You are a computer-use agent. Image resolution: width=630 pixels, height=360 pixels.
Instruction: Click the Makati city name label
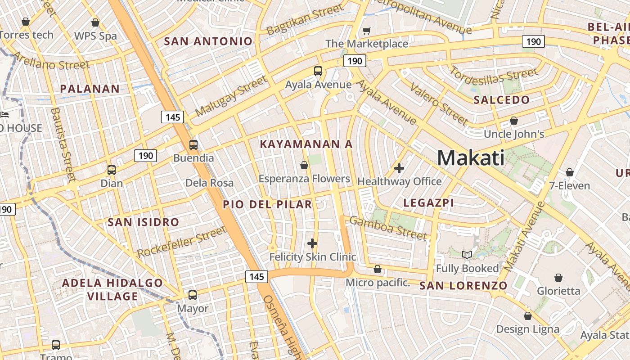471,158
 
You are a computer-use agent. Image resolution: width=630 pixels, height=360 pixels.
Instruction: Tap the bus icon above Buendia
193,145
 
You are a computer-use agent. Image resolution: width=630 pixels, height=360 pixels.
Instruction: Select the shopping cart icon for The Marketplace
367,31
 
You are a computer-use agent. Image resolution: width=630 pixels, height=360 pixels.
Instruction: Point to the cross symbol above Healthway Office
399,168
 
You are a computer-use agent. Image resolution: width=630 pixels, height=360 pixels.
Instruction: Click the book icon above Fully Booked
467,255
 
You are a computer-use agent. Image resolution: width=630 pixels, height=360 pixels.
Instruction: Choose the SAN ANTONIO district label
208,41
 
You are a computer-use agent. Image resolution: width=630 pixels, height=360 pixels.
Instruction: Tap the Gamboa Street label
388,228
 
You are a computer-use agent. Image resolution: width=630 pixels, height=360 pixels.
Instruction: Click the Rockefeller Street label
181,242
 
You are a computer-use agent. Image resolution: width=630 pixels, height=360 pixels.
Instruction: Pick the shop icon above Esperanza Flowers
304,165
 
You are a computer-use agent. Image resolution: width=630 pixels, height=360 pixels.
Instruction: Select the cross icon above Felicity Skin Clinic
312,243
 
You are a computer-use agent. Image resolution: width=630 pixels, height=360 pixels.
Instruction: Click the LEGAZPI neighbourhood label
428,203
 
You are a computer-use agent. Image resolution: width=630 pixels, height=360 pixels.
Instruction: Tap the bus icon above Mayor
193,295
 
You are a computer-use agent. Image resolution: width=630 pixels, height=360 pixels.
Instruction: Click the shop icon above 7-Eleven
570,172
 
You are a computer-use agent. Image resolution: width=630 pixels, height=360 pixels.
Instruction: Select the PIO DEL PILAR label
267,204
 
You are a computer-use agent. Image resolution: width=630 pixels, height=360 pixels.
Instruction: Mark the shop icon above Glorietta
558,277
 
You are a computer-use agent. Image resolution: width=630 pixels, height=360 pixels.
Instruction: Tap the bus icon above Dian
112,170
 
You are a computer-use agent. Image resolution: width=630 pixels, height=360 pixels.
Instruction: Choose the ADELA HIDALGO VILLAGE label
112,289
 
